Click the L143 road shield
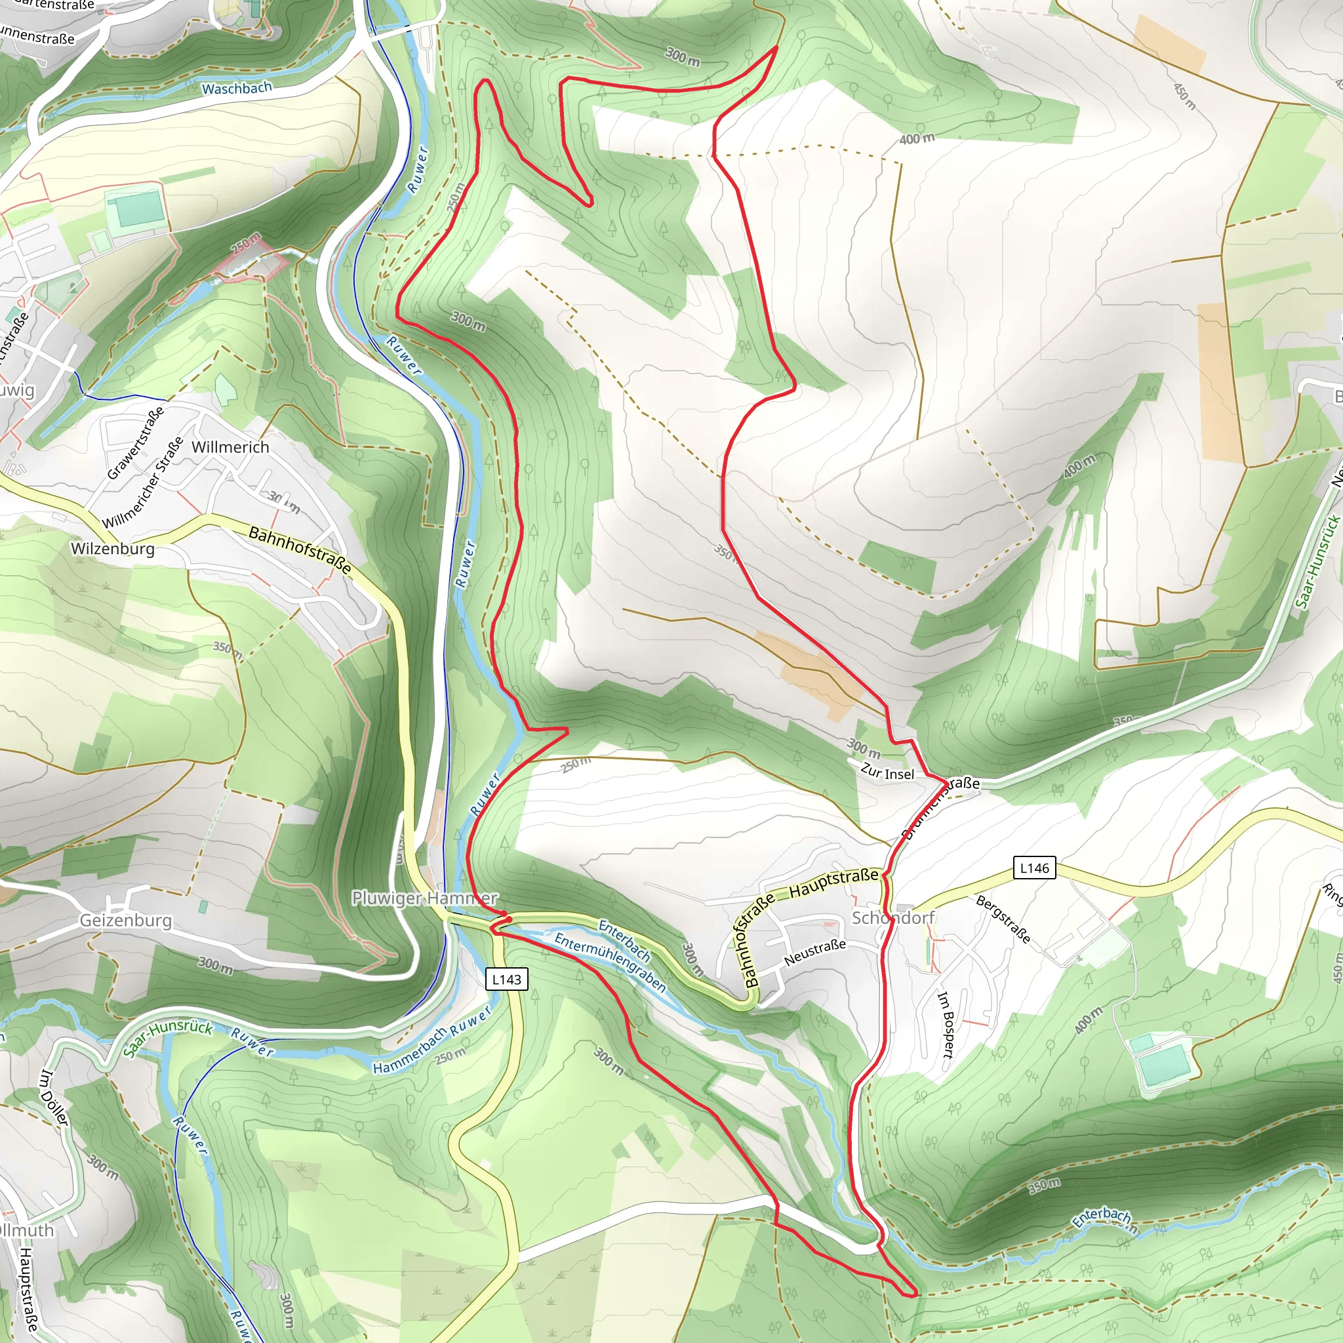click(x=506, y=980)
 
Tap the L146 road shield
click(x=1034, y=868)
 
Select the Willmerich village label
click(x=230, y=447)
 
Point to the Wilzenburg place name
click(x=113, y=548)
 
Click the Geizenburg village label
click(x=126, y=920)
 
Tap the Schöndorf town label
click(x=893, y=917)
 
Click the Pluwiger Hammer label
click(x=424, y=898)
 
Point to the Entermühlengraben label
click(x=610, y=962)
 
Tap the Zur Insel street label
click(x=887, y=772)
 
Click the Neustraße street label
click(x=814, y=952)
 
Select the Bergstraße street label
click(x=1003, y=919)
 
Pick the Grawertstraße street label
click(x=136, y=443)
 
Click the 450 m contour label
click(x=1184, y=96)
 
